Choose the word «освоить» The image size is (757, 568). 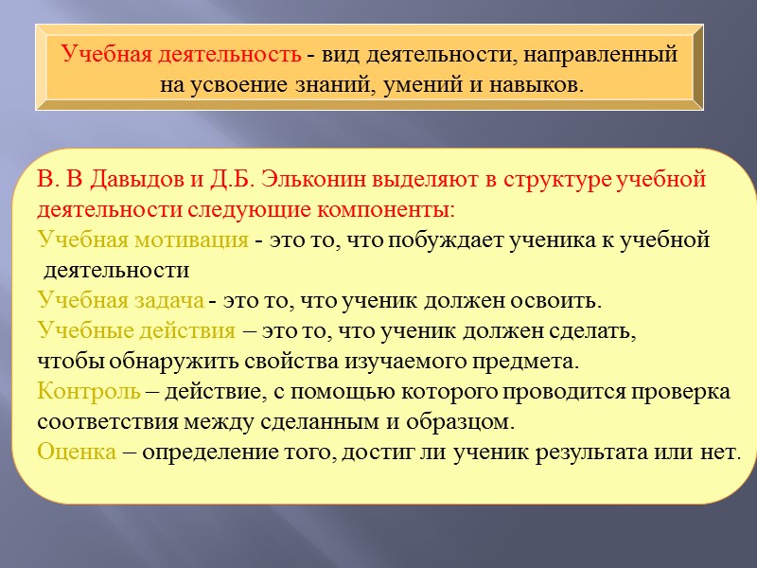pos(555,301)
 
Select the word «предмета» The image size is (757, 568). pos(527,362)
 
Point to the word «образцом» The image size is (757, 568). pos(461,420)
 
